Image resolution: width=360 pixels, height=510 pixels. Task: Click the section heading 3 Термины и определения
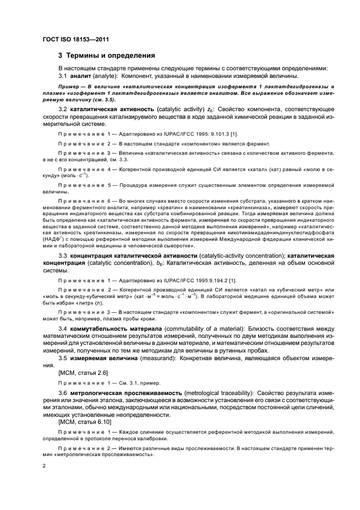pyautogui.click(x=107, y=56)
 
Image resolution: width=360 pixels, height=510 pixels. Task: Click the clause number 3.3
pyautogui.click(x=63, y=255)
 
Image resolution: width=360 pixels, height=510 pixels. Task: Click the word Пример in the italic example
pyautogui.click(x=70, y=87)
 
